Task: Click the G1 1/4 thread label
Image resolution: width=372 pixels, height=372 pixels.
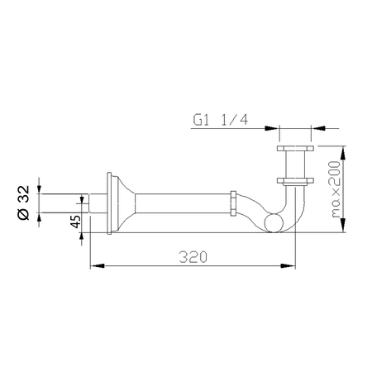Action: tap(221, 120)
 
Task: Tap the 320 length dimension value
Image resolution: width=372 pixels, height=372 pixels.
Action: tap(193, 257)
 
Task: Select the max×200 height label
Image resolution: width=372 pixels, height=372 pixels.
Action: tap(335, 189)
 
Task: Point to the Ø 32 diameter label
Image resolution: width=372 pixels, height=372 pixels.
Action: tap(23, 203)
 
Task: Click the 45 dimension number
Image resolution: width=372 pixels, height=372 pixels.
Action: tap(76, 222)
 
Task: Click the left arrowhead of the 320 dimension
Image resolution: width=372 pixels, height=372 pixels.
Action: tap(98, 266)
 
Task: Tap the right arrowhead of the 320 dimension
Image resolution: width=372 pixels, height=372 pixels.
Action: tap(288, 266)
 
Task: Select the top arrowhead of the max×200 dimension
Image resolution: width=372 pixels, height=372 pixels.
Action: tap(343, 153)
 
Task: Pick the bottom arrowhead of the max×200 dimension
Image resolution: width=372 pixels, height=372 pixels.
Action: tap(343, 225)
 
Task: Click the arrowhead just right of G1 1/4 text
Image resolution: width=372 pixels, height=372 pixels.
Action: tap(271, 128)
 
